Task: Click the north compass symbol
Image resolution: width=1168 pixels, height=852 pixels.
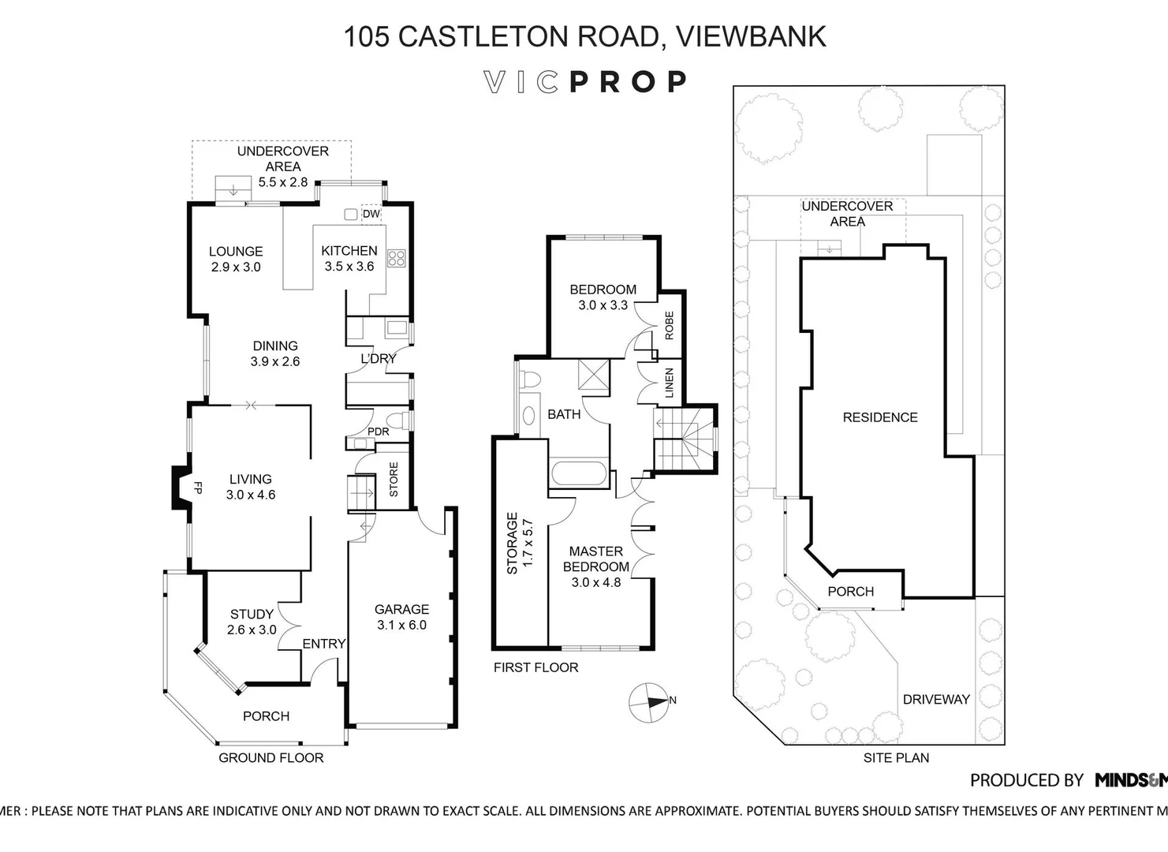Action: coord(650,701)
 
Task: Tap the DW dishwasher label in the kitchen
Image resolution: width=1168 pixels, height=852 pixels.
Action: coord(371,214)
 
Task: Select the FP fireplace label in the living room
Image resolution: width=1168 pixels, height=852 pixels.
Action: coord(198,488)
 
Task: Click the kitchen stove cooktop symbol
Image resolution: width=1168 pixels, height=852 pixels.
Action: coord(397,257)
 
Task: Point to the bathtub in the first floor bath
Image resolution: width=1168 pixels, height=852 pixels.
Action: coord(579,474)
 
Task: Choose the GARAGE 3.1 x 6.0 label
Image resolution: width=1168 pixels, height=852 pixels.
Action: coord(401,617)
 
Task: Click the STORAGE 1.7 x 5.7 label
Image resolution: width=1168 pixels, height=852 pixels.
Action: coord(520,545)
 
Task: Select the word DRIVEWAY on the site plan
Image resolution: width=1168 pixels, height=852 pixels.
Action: coord(935,699)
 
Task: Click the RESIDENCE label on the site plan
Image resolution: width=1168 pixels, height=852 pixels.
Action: coord(880,417)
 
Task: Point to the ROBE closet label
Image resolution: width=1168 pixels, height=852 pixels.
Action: coord(669,325)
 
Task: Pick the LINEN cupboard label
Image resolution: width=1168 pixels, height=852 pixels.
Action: coord(669,383)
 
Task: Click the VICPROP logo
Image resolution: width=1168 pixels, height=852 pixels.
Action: coord(584,82)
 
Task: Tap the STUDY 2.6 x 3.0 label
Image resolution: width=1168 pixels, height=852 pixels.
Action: coord(252,622)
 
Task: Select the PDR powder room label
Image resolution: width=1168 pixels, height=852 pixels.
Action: coord(379,432)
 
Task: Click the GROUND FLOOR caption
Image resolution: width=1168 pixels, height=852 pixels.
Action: coord(271,757)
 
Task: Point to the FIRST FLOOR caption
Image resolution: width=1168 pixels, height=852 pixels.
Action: coord(535,667)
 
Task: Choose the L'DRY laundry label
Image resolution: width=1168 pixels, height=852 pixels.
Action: coord(379,358)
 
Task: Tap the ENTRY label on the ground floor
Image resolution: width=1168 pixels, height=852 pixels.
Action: coord(323,644)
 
